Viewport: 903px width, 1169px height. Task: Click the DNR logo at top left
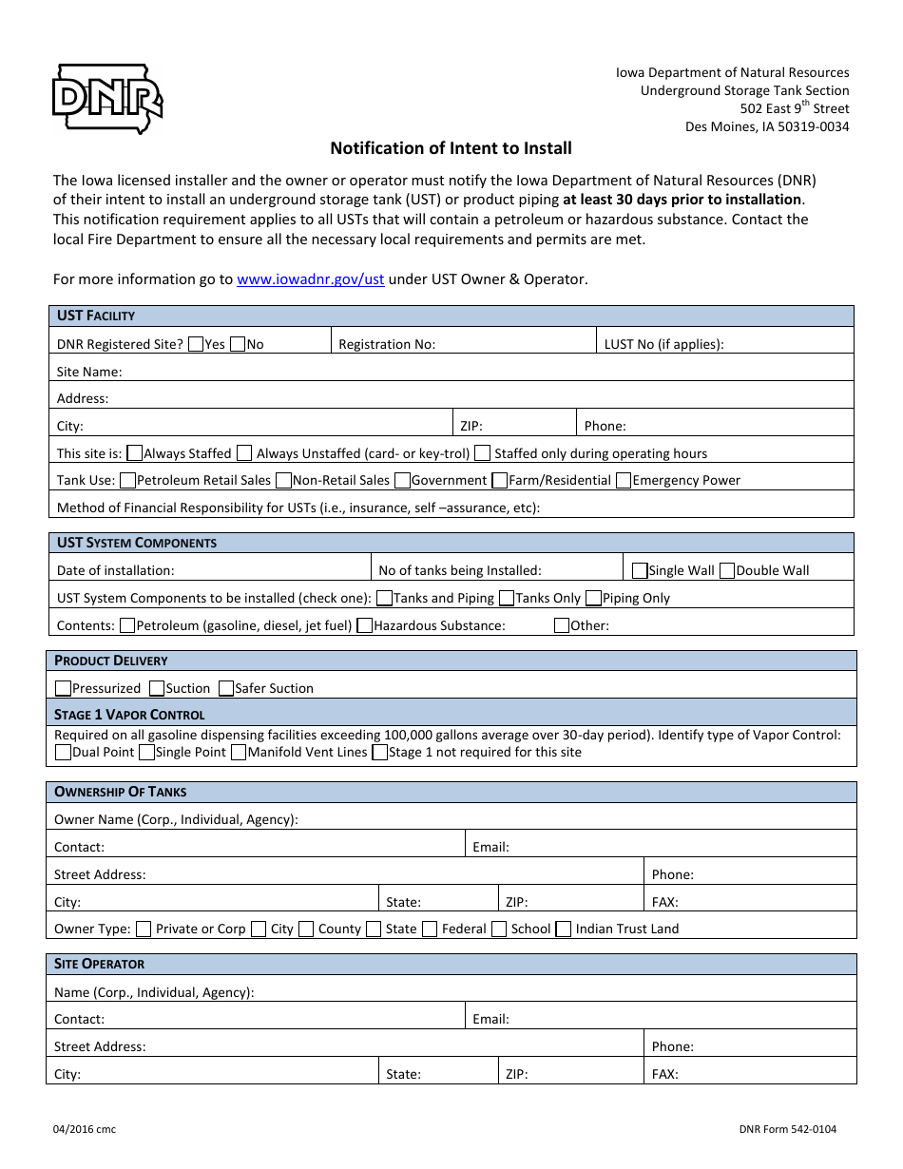106,98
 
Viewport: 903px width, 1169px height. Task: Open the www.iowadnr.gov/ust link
310,279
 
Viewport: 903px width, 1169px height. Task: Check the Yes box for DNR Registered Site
196,344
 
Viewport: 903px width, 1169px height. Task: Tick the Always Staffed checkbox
135,453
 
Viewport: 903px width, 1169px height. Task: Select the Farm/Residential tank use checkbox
499,481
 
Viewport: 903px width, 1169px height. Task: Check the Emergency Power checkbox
624,481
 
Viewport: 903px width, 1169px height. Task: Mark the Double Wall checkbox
727,571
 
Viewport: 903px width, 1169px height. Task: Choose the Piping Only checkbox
594,599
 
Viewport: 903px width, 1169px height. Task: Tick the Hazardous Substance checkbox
365,626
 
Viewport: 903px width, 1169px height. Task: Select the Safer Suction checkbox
226,688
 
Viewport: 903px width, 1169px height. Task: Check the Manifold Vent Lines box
240,753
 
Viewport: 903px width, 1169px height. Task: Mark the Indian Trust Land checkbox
564,929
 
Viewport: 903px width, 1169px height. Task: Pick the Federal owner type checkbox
430,929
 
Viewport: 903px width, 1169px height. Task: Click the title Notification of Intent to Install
451,148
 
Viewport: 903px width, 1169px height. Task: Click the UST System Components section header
137,543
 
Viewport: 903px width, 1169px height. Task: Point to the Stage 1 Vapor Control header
129,715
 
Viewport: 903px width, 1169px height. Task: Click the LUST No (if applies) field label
663,344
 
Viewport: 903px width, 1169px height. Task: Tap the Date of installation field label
116,571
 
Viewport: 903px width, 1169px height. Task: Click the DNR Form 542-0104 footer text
787,1129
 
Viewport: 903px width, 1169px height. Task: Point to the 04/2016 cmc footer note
85,1129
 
